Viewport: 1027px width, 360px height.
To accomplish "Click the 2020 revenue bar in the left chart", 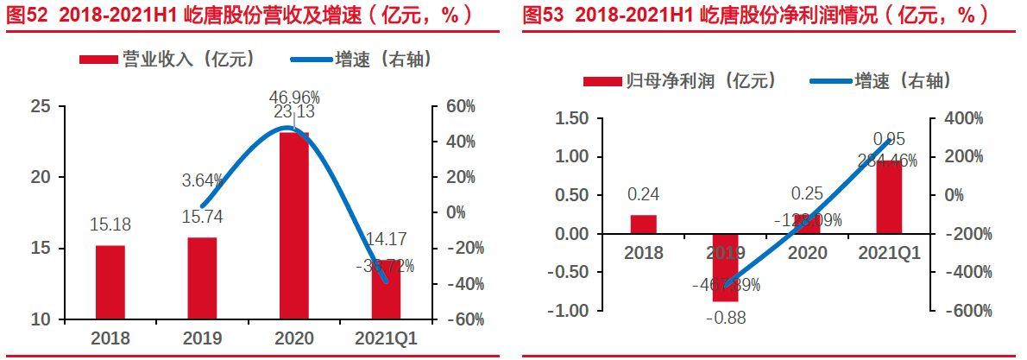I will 294,224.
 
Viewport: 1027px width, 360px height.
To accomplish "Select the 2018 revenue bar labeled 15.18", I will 110,281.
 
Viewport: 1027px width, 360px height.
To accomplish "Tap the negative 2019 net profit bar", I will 726,267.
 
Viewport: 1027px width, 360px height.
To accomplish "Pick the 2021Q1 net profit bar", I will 891,197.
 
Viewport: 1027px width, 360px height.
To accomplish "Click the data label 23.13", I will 294,112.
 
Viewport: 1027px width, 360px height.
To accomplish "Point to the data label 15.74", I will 202,218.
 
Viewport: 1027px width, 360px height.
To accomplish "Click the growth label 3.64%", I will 202,181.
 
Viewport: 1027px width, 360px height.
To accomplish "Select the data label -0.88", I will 725,318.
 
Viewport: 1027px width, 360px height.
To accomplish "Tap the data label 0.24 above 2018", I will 644,195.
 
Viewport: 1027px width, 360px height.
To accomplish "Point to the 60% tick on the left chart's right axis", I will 460,106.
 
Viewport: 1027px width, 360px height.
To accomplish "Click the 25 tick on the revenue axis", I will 41,106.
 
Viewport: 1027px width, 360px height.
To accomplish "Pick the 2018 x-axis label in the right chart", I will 644,253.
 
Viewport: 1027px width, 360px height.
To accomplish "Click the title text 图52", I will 24,15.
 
